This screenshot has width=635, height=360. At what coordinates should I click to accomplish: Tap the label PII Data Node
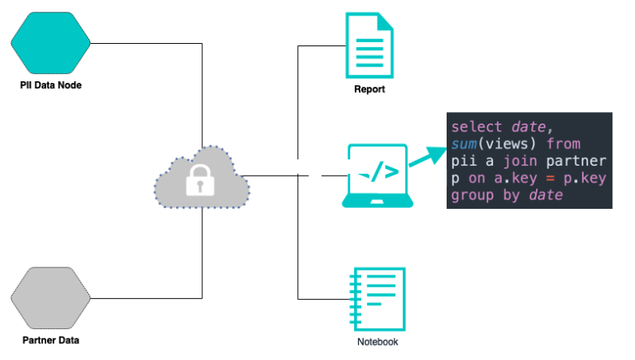point(51,85)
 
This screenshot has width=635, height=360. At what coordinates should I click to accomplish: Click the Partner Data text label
point(51,340)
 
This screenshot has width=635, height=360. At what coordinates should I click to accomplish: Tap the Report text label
point(369,89)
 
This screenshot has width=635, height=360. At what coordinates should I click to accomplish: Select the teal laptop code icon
point(377,175)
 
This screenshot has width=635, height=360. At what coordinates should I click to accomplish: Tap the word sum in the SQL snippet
point(464,145)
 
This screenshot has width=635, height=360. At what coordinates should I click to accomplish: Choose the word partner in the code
point(580,162)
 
